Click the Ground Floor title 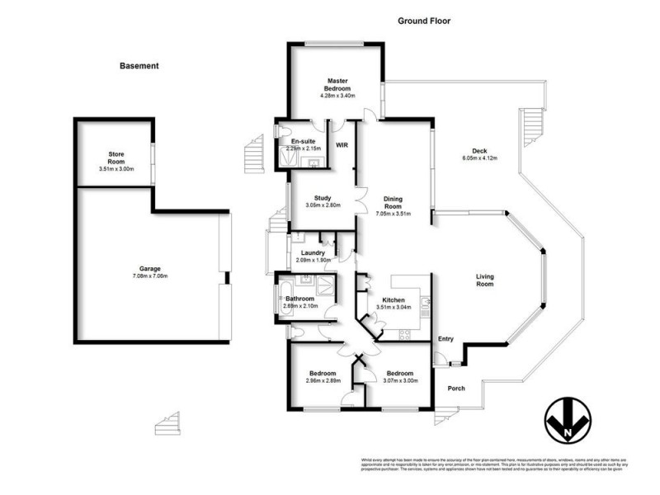(x=424, y=21)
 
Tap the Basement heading (x=139, y=66)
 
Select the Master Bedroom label (x=337, y=83)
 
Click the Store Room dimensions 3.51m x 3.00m (x=115, y=169)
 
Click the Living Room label (x=484, y=280)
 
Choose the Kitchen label (x=393, y=299)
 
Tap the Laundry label (x=313, y=252)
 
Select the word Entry (x=446, y=338)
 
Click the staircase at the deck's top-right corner (x=533, y=124)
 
